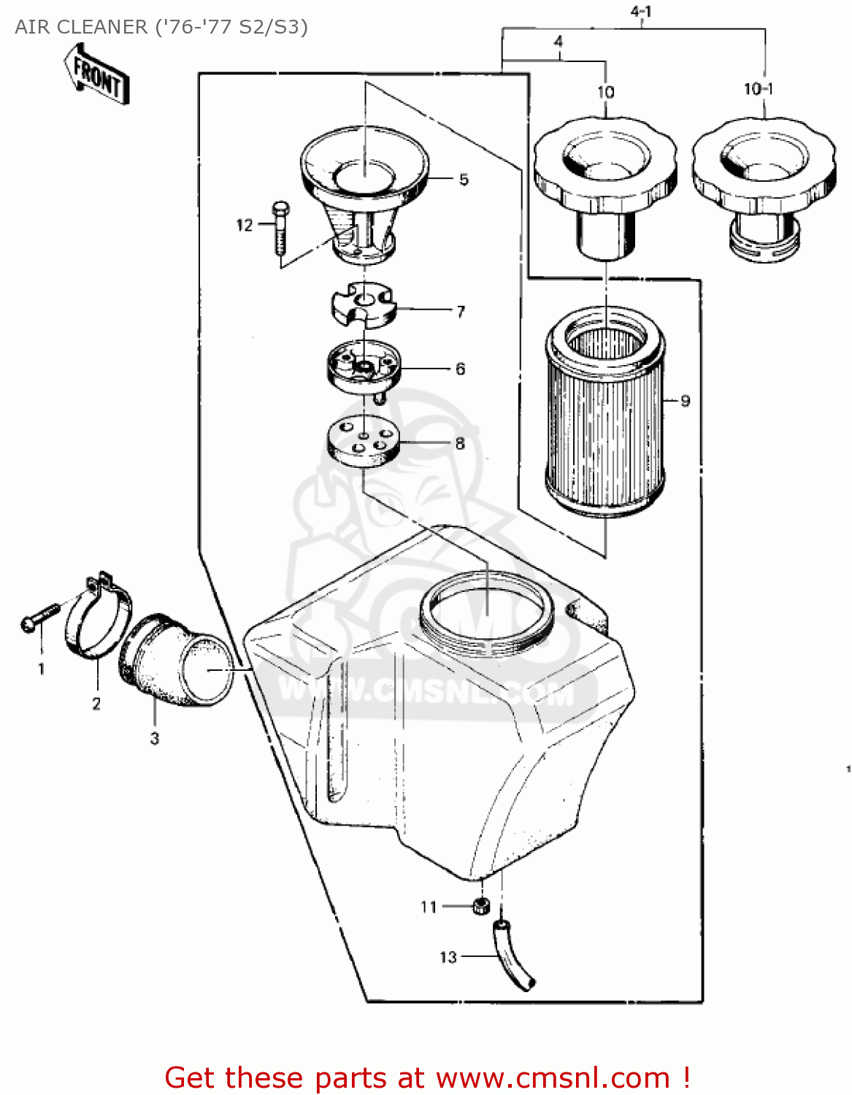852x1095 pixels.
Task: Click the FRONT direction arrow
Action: click(97, 74)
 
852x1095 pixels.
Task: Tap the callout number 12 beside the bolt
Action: click(244, 226)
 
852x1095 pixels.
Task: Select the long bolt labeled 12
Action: click(280, 228)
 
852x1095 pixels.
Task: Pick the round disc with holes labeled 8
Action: click(363, 441)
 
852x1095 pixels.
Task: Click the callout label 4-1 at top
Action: click(640, 12)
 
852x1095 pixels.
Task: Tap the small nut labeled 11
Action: click(480, 906)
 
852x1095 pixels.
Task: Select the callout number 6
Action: click(460, 369)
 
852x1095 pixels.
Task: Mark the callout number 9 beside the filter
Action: click(685, 400)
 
